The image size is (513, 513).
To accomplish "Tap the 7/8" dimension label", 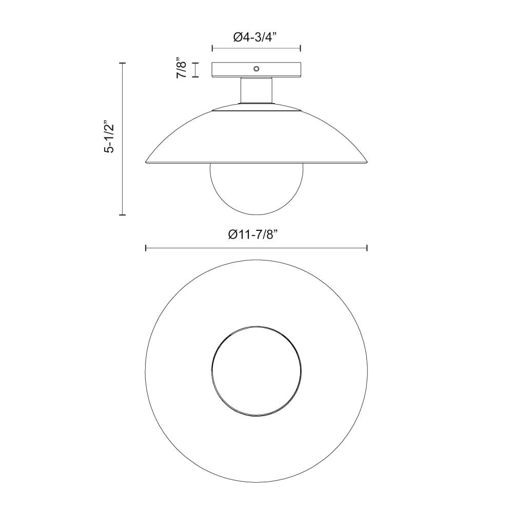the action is [181, 68].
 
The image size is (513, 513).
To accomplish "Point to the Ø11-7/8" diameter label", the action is [253, 234].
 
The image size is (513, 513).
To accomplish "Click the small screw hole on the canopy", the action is [256, 68].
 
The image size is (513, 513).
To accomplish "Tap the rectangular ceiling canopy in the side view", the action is [256, 70].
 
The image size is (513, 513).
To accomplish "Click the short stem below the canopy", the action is [256, 90].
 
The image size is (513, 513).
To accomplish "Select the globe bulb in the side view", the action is [256, 189].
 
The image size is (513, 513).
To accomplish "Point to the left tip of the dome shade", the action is [146, 162].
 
